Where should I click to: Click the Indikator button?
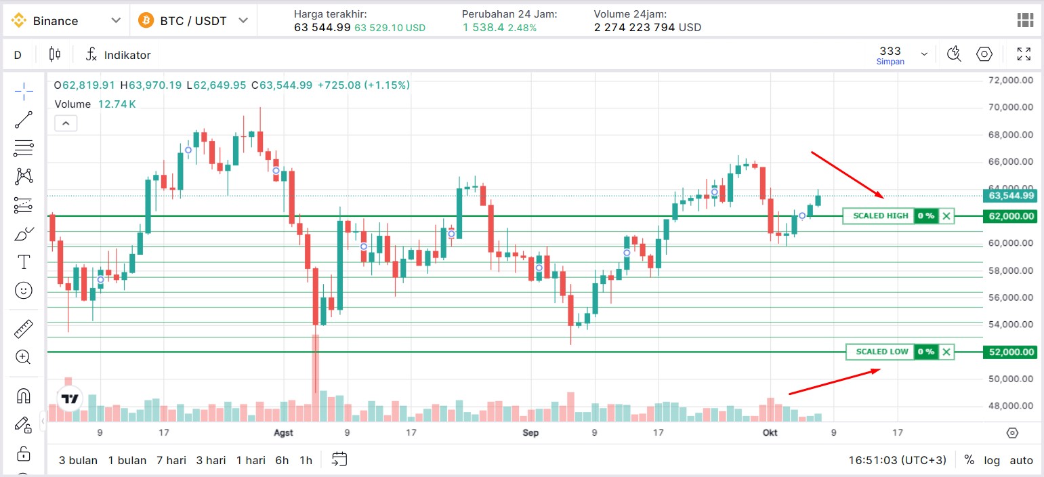[119, 55]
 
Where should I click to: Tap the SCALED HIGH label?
[881, 216]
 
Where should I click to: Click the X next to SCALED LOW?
[946, 352]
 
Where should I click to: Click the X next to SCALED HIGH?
[946, 216]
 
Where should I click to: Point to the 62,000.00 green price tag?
[1010, 216]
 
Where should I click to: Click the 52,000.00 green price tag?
[1010, 352]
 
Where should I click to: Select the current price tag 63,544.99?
[1010, 195]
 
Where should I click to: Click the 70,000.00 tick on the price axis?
[1010, 107]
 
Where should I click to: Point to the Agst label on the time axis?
[283, 433]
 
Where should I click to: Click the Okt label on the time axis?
[770, 433]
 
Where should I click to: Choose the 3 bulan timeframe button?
[78, 460]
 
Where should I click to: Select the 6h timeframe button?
[282, 460]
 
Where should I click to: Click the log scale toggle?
[992, 461]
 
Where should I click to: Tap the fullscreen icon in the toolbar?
[1024, 54]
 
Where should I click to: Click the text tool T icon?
[24, 262]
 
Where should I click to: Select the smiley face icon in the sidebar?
[24, 291]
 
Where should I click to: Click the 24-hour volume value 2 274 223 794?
[634, 28]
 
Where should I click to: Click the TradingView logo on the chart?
[70, 398]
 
